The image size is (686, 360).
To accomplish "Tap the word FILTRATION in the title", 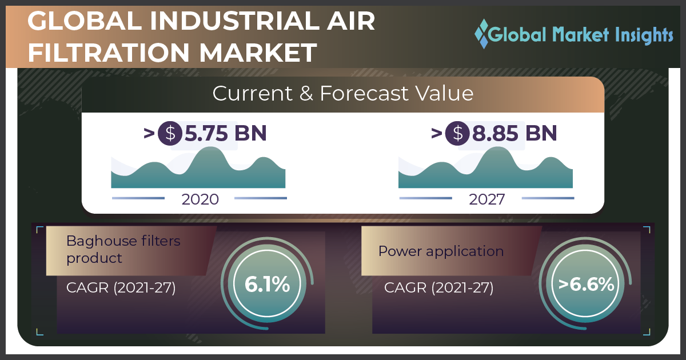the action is [109, 53].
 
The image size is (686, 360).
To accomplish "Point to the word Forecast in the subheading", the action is [364, 93].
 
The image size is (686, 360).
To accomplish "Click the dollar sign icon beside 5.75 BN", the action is [170, 134].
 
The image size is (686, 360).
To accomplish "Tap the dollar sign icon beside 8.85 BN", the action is [457, 134].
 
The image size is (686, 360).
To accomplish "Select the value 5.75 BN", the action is [225, 133].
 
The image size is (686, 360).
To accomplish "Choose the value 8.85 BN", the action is [514, 133].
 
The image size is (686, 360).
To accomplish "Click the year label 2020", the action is [200, 199].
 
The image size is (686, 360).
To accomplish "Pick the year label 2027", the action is [487, 199].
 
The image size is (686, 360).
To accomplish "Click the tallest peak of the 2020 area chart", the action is [210, 147].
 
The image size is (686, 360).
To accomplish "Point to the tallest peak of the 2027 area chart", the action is [498, 147].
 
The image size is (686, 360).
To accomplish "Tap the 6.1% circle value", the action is [267, 284].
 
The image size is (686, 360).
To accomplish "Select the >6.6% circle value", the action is [586, 284].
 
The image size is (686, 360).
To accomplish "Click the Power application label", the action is [441, 251].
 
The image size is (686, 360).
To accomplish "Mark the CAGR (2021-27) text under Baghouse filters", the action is [121, 288].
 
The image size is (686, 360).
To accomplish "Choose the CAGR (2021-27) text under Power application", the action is [439, 288].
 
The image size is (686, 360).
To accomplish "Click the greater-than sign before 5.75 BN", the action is [149, 134].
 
